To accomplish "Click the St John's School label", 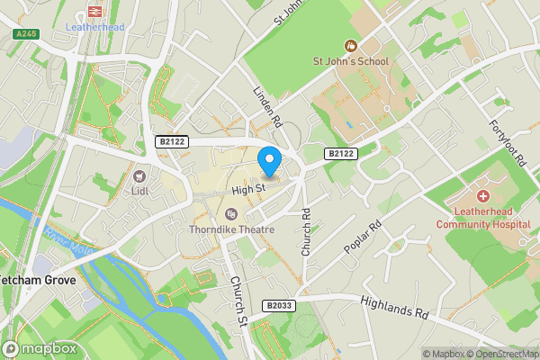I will tap(350, 61).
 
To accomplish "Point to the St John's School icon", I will tap(351, 45).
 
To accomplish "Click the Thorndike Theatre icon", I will tap(231, 213).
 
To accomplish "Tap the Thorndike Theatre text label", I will tap(230, 229).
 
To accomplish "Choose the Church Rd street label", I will tap(307, 233).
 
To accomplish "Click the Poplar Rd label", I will tap(363, 237).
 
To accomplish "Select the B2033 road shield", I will tap(279, 306).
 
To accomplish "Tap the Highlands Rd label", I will tap(395, 308).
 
